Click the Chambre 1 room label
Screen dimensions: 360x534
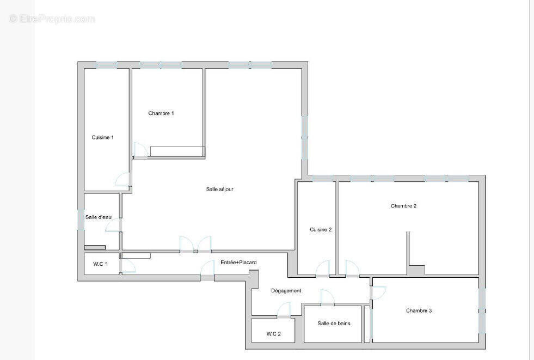click(x=161, y=113)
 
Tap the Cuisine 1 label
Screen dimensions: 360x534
click(x=103, y=137)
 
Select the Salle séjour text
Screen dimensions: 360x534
click(x=220, y=189)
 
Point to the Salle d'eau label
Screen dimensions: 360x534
click(x=99, y=217)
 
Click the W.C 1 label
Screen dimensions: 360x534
click(x=100, y=264)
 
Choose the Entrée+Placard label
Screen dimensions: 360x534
click(x=238, y=263)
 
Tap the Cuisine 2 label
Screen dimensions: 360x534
click(x=321, y=229)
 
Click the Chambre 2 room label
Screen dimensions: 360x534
click(x=403, y=206)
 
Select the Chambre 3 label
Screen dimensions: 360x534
click(x=419, y=310)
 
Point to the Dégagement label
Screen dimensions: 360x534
click(x=286, y=290)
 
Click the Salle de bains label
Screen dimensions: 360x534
click(x=334, y=323)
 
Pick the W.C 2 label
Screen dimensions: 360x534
click(x=273, y=333)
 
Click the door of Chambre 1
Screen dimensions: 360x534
click(x=140, y=150)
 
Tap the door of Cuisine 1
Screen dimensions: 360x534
click(x=123, y=180)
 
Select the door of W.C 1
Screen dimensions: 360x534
click(x=127, y=266)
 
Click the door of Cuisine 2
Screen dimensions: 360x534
click(x=323, y=269)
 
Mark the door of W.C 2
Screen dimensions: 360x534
click(x=284, y=310)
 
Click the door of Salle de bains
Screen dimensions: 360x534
click(x=327, y=297)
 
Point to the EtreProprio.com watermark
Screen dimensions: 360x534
click(x=52, y=19)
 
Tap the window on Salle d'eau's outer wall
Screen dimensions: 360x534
click(x=81, y=219)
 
